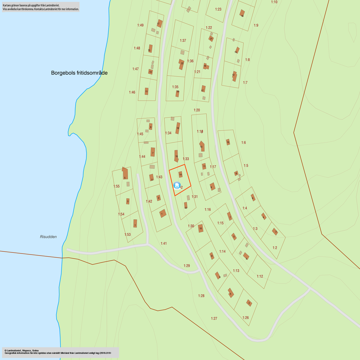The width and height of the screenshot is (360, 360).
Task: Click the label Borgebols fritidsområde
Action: pos(79,73)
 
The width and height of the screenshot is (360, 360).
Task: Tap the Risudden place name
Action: pos(48,237)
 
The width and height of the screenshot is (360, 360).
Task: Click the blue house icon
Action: pos(177,185)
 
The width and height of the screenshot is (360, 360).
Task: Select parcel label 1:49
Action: pos(140,25)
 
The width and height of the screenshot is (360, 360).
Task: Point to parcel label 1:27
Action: pos(214,319)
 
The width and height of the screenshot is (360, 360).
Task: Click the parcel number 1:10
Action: pos(274,2)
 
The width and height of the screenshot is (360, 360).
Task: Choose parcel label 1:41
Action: pos(163,243)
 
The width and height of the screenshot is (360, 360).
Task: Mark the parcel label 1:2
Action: pos(275,248)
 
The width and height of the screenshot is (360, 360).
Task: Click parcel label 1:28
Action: pos(201,296)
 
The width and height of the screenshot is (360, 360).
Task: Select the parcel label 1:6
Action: pos(243,142)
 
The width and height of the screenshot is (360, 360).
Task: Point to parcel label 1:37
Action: pos(183,40)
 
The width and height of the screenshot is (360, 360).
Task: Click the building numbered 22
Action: pos(182,63)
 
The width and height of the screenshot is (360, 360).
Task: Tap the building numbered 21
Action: pos(211,38)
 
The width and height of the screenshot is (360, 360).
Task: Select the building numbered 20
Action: pos(178,92)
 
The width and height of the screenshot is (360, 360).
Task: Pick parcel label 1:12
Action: pos(259,276)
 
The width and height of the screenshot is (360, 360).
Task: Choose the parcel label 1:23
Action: pos(218,9)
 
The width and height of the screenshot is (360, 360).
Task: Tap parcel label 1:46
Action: pos(132,92)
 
